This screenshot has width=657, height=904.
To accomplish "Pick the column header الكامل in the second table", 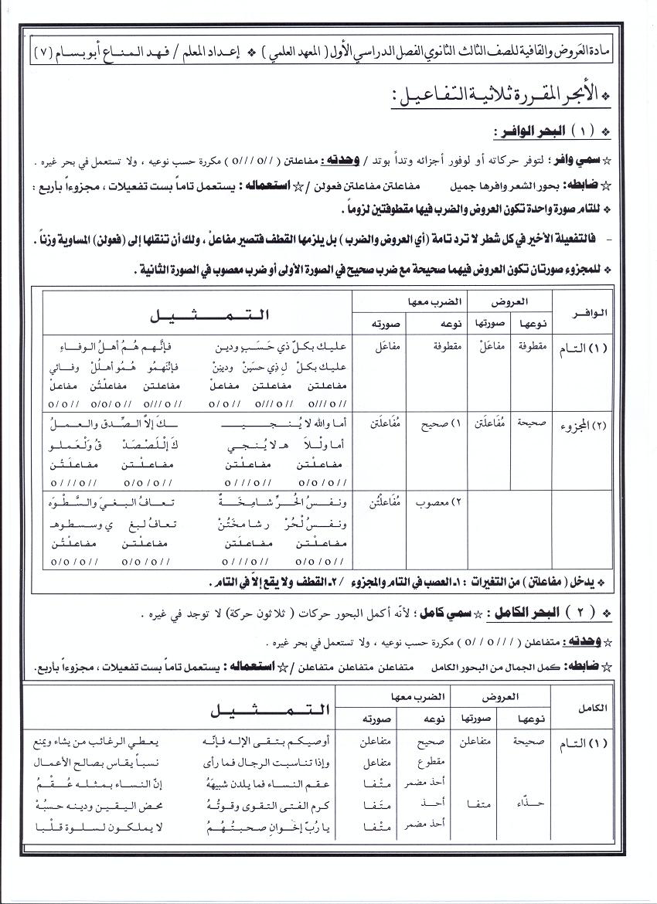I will tap(595, 708).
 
